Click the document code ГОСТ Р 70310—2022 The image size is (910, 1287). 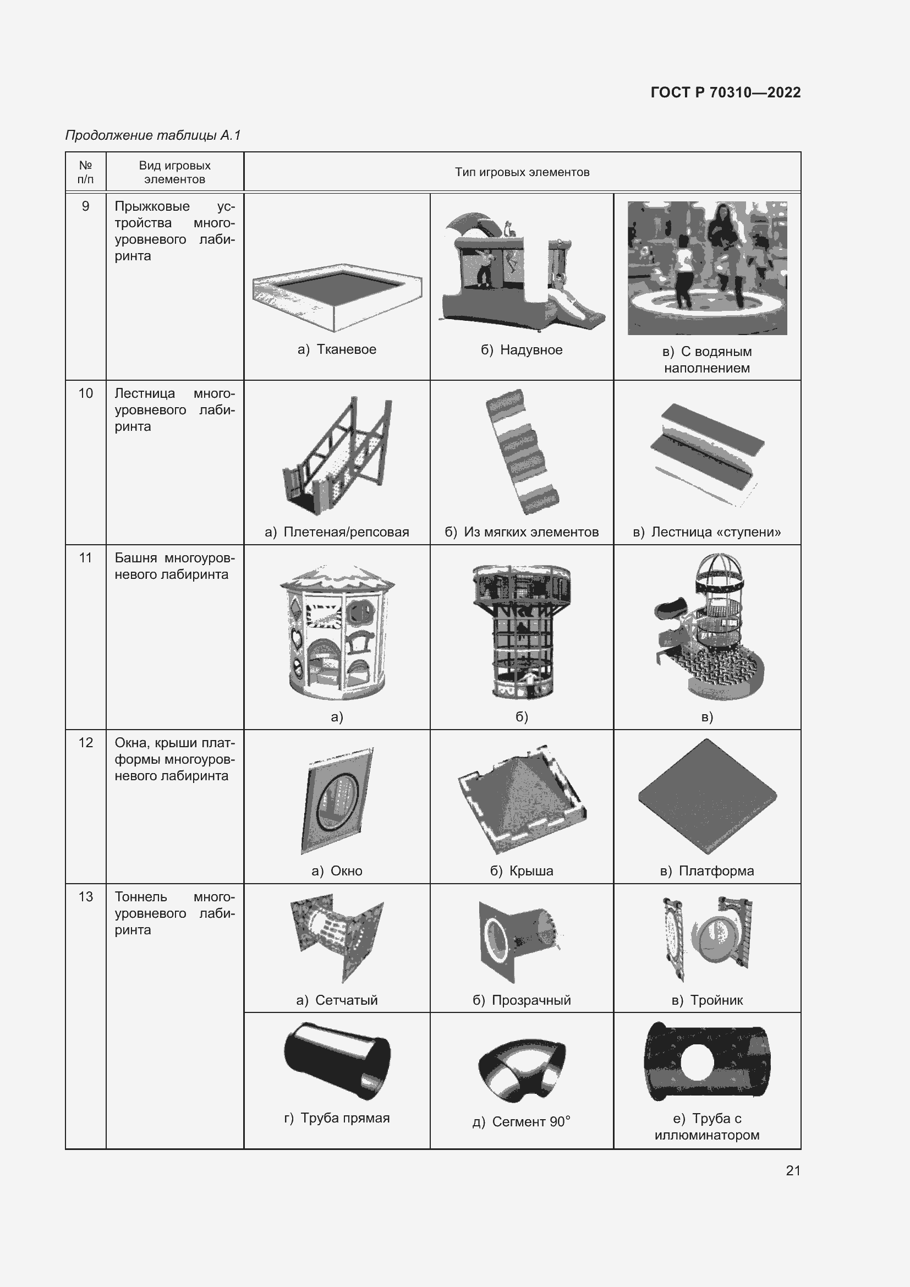pyautogui.click(x=726, y=92)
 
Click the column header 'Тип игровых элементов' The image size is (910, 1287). pyautogui.click(x=522, y=172)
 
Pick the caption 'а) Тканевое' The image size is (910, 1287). pyautogui.click(x=337, y=349)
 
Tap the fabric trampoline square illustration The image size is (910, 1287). pyautogui.click(x=337, y=297)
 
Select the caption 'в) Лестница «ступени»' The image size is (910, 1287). pyautogui.click(x=706, y=532)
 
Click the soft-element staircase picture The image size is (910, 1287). pyautogui.click(x=522, y=451)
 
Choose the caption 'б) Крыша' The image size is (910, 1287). pyautogui.click(x=522, y=870)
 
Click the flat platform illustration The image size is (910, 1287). pyautogui.click(x=707, y=796)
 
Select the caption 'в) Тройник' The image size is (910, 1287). pyautogui.click(x=706, y=1000)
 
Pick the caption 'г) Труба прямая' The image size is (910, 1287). pyautogui.click(x=337, y=1118)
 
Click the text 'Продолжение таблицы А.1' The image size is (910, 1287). pyautogui.click(x=153, y=135)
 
